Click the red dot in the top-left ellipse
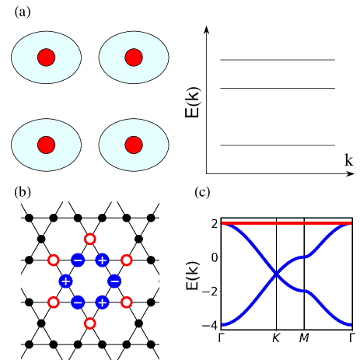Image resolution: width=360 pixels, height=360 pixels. [x=46, y=58]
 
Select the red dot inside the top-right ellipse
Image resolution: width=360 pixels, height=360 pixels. [x=134, y=58]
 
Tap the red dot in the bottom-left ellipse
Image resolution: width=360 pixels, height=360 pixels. [x=46, y=145]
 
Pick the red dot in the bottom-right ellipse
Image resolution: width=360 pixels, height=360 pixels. [x=134, y=145]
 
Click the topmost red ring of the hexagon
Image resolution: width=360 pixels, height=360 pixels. [x=90, y=239]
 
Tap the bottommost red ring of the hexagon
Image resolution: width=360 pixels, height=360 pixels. [x=90, y=323]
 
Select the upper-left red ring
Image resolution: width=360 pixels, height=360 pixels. [x=54, y=260]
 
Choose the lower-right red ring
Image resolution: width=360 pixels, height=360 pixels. [x=127, y=302]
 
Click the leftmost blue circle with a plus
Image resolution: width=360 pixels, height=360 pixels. [x=65, y=281]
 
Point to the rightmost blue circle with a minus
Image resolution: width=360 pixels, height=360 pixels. [x=114, y=281]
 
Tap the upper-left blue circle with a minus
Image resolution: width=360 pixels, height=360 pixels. [x=78, y=260]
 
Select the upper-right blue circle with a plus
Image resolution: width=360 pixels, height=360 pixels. [x=102, y=260]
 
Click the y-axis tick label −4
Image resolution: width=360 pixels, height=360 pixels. [x=210, y=325]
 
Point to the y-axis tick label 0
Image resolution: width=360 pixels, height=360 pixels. [x=214, y=257]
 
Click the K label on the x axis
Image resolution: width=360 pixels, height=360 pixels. [x=276, y=338]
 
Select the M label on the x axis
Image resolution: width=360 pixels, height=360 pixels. [x=304, y=338]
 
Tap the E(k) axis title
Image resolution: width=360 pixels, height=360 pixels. [x=192, y=274]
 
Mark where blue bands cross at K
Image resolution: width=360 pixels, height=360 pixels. [x=276, y=274]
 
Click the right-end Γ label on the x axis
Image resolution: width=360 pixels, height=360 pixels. [x=351, y=338]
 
